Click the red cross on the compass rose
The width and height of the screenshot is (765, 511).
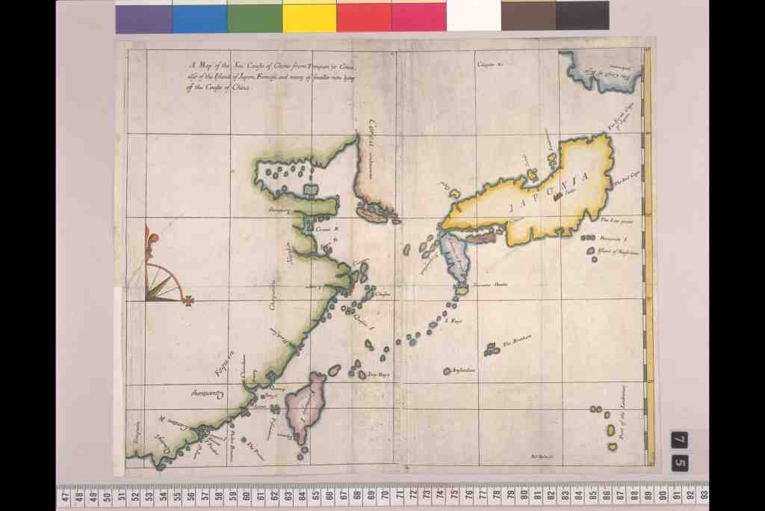click(190, 301)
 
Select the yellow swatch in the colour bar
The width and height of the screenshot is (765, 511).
click(309, 16)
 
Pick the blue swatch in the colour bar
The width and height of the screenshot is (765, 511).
click(199, 16)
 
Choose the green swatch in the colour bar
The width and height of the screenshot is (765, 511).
click(255, 16)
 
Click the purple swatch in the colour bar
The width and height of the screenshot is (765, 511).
click(143, 16)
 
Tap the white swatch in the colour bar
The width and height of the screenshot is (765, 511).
click(474, 16)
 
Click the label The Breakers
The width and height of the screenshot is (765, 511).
click(517, 343)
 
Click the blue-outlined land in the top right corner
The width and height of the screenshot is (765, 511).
click(602, 72)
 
